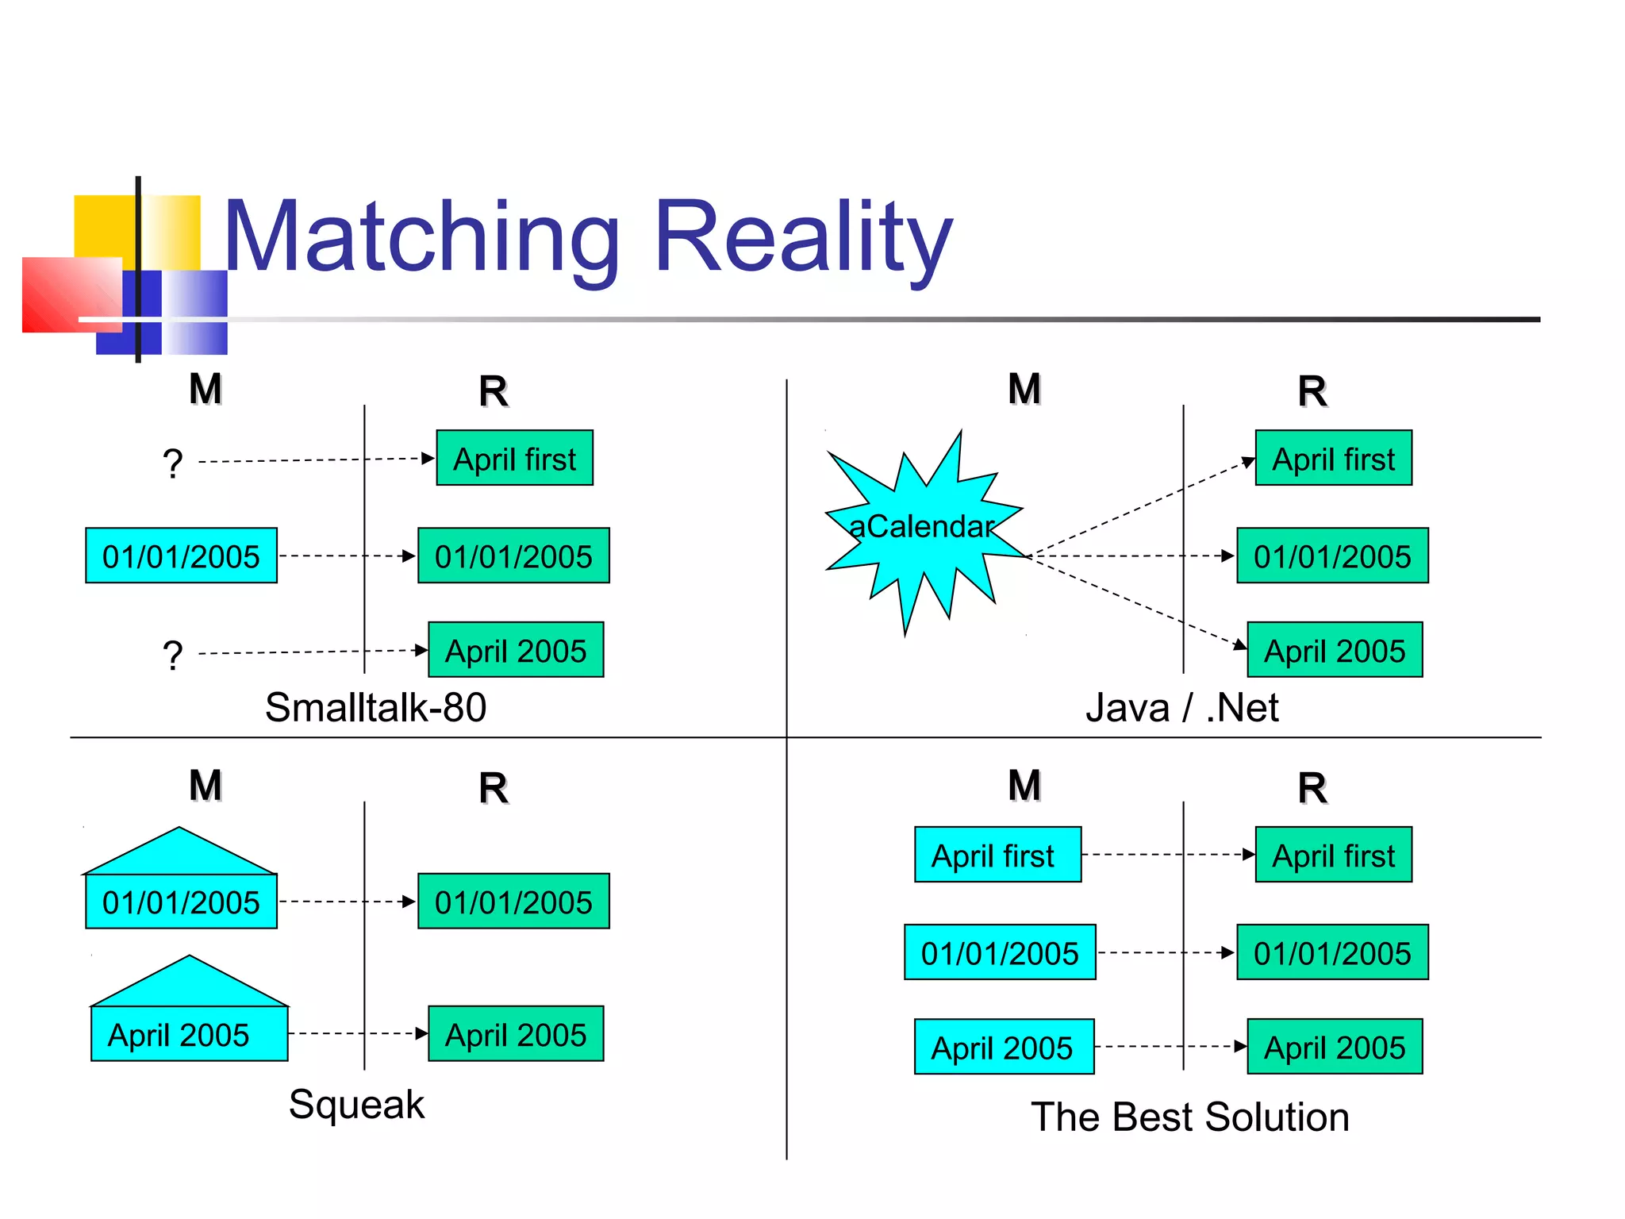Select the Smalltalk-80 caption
tap(375, 707)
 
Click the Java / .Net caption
tap(1181, 707)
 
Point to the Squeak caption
tap(356, 1104)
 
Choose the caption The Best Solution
tap(1189, 1117)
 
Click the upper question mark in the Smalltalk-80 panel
tap(172, 463)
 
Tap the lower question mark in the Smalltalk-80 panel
tap(172, 656)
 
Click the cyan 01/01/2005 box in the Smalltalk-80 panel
tap(181, 556)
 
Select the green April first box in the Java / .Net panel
tap(1333, 459)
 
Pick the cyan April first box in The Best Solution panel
tap(997, 855)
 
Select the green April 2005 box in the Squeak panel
tap(516, 1034)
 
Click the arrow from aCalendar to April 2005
tap(1135, 602)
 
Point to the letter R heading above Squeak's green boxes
tap(493, 788)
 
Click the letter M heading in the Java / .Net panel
tap(1024, 389)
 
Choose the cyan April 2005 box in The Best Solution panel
tap(1004, 1047)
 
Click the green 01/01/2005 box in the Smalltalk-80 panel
tap(513, 556)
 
